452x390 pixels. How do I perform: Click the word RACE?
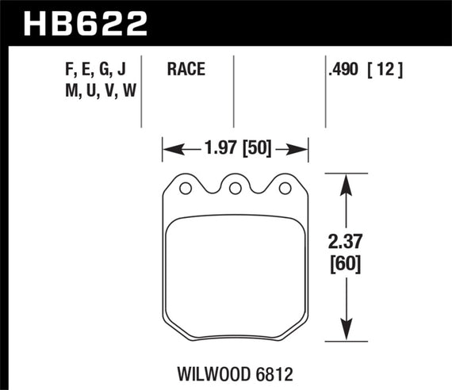click(x=186, y=70)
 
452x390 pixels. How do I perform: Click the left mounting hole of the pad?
click(x=186, y=189)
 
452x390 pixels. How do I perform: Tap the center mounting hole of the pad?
click(x=235, y=189)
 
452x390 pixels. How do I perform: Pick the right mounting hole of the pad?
click(x=284, y=189)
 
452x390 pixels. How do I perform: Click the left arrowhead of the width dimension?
click(x=169, y=147)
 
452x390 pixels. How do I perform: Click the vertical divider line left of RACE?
click(x=141, y=91)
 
